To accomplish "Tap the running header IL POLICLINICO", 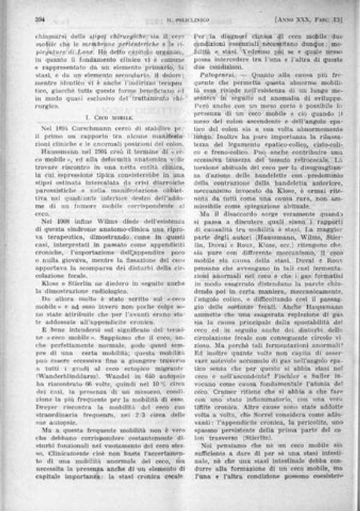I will [x=181, y=20].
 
